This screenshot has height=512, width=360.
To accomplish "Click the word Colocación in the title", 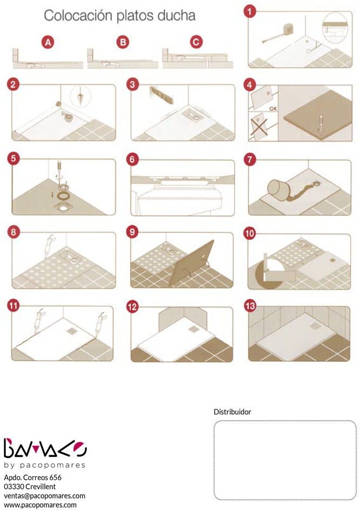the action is coord(78,16).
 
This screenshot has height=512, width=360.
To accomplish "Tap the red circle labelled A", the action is coord(48,43).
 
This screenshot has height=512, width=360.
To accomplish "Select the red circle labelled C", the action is coord(196,42).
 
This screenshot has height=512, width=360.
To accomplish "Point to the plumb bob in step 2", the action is coord(80,96).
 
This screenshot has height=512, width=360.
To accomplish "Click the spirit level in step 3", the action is coord(161,95).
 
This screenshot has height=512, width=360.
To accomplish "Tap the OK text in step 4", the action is coord(273,109).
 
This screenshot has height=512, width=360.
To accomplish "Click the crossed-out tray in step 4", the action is coord(259,125).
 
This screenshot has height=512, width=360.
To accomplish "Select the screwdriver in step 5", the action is coord(59,169).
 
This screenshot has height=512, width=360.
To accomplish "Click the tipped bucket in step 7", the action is coord(277,190).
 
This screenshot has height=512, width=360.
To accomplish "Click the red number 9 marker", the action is coord(132,232).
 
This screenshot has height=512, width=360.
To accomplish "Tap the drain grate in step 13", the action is coord(316,325).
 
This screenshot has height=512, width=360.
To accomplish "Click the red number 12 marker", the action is coord(132,307).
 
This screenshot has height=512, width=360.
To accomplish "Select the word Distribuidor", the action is coord(232,412).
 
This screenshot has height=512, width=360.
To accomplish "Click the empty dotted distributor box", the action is coord(285,460).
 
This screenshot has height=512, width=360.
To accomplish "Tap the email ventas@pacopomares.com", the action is coord(44,496).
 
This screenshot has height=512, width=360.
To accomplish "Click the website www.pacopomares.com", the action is coord(40,505).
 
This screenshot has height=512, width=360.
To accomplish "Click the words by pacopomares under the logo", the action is coord(44,465).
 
